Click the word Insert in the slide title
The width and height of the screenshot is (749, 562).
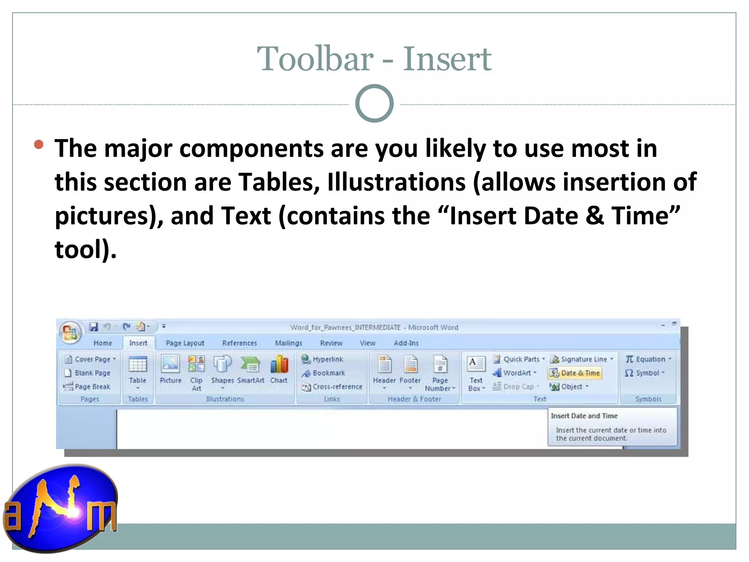tap(447, 59)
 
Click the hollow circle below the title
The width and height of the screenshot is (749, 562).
tap(374, 104)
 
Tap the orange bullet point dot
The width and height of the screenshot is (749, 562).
tap(38, 145)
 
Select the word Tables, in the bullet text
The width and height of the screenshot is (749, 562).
tap(279, 182)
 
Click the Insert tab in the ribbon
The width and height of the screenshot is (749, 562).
tap(138, 343)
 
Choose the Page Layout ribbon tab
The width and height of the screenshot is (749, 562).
tap(185, 343)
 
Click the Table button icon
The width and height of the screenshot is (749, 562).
tap(138, 365)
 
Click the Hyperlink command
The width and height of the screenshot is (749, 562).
tap(327, 359)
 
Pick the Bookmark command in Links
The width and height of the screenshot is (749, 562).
tap(328, 373)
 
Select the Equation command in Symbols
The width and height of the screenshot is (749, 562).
tap(650, 359)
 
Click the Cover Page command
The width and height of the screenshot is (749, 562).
tap(92, 359)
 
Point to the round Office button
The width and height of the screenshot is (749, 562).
tap(70, 332)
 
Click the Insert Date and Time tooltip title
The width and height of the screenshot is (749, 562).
tap(584, 416)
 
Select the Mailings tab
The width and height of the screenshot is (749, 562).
tap(289, 343)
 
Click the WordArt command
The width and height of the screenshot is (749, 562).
tap(516, 373)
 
